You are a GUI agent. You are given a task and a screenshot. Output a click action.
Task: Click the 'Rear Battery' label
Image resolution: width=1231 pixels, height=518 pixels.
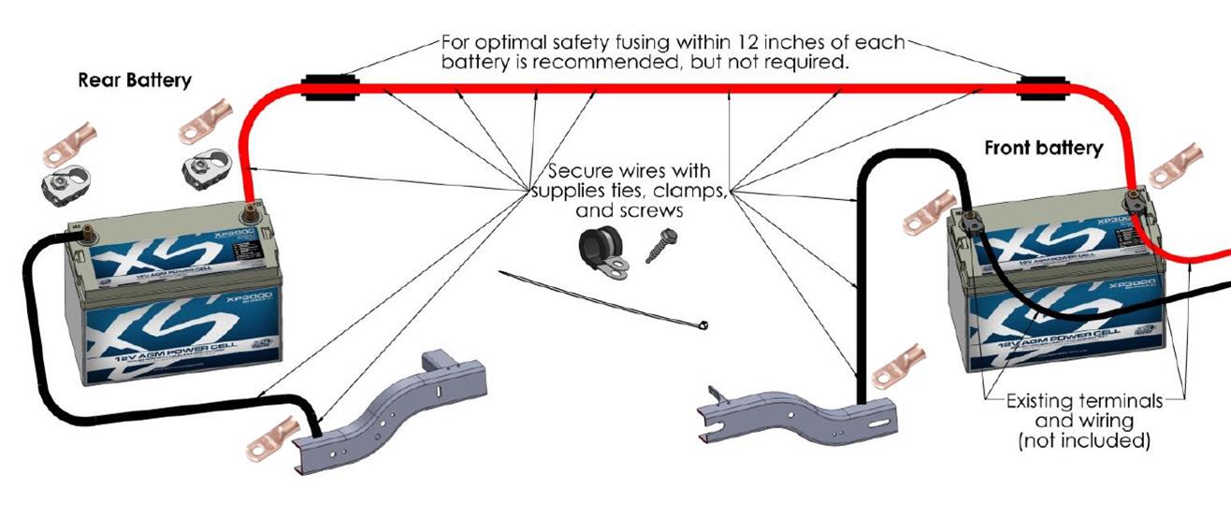click(135, 79)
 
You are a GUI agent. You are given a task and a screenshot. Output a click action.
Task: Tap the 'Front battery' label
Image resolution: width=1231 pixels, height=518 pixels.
click(1043, 148)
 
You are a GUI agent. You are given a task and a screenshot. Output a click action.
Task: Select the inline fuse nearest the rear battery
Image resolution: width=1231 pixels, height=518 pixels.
click(330, 90)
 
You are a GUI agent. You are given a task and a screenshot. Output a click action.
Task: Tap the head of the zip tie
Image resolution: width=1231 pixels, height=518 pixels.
click(702, 325)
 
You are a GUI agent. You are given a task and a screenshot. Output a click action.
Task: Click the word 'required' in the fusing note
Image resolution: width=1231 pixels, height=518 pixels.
click(812, 65)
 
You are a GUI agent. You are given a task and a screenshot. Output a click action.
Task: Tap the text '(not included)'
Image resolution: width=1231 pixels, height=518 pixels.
click(1084, 440)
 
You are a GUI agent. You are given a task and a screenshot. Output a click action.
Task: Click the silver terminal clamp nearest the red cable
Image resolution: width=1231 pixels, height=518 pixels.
click(202, 169)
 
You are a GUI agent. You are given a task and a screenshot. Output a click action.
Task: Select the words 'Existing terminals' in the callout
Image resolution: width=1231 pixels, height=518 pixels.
click(1084, 401)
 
